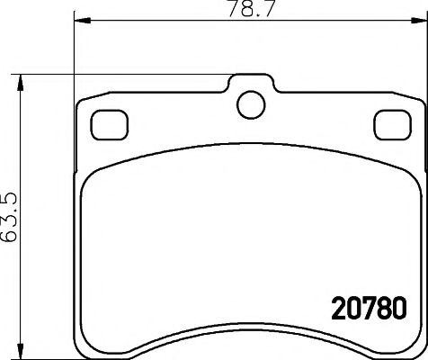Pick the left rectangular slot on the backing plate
pyautogui.click(x=110, y=123)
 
